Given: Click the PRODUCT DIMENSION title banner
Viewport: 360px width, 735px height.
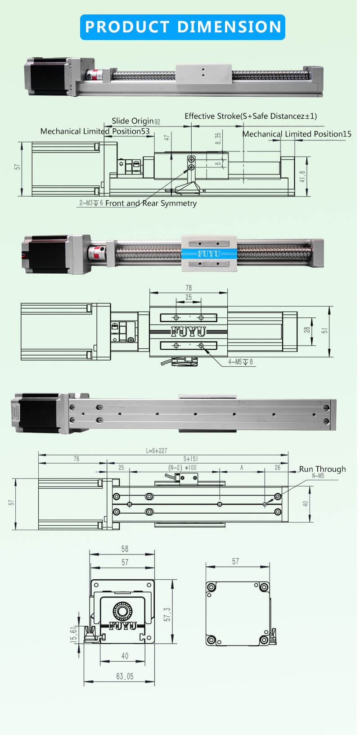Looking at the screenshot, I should [182, 27].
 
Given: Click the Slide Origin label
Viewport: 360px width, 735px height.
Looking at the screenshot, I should [133, 121].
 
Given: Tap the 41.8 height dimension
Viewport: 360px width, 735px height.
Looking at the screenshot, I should [302, 176].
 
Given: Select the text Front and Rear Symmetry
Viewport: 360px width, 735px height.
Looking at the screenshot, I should [151, 203].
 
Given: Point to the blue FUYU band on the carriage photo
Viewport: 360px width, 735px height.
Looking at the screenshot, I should [209, 254].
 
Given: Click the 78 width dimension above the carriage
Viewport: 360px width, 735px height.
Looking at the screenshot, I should [189, 288].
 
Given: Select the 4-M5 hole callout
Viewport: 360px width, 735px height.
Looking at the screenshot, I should [240, 361].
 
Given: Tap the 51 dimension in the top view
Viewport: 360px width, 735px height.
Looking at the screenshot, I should [325, 330].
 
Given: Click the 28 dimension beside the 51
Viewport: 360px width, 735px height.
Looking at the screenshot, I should [307, 329].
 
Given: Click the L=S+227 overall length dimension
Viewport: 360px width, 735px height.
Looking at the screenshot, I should [156, 451].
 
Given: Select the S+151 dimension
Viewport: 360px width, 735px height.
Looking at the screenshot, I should [190, 459].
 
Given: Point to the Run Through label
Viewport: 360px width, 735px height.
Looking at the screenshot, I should [322, 469].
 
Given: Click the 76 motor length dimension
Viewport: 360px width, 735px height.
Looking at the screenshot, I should [76, 459].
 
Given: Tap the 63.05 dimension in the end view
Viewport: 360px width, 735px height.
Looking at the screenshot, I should [125, 676].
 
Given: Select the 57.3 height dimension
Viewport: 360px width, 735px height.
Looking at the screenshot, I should [167, 614].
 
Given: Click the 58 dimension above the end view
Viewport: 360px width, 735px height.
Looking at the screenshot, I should [125, 549].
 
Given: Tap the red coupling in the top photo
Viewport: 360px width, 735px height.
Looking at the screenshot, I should [96, 75].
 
